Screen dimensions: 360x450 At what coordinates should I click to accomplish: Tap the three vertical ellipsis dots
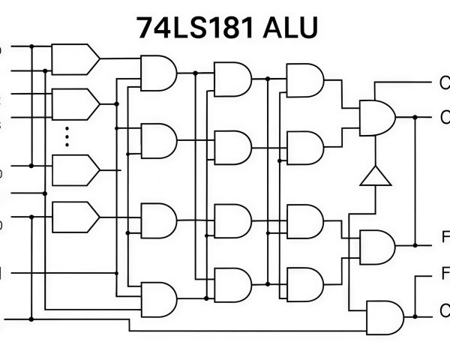click(67, 135)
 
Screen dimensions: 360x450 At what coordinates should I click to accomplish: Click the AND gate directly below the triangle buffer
click(377, 246)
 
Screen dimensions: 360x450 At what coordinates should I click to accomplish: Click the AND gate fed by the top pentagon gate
click(158, 73)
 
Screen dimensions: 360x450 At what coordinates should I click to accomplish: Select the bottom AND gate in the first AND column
click(158, 298)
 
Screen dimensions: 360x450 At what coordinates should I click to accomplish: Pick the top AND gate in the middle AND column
click(232, 78)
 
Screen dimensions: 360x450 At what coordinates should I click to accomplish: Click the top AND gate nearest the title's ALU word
click(304, 78)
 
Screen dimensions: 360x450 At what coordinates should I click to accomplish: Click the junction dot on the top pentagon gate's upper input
click(32, 46)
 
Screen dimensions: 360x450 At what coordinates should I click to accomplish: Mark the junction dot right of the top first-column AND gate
click(195, 73)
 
